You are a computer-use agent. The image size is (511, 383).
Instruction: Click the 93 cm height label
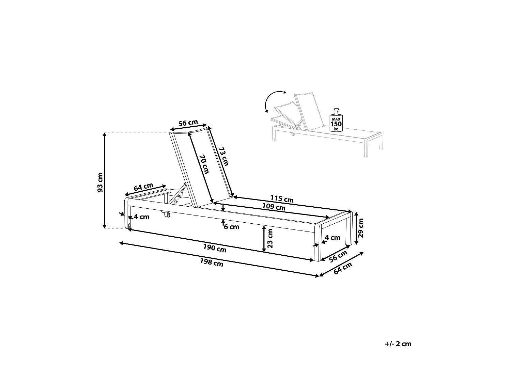pos(100,183)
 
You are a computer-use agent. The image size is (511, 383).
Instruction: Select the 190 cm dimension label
pos(215,249)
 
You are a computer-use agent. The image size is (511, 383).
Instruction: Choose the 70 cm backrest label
pos(205,164)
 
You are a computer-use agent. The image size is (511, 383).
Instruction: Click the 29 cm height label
pos(361,227)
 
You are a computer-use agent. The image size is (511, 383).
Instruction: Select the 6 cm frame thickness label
pos(232,227)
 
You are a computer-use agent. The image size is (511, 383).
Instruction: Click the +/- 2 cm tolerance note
pos(398,344)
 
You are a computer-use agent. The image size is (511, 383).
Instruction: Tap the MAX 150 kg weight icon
pos(336,121)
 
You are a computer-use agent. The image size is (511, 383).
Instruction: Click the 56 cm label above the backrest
pos(188,123)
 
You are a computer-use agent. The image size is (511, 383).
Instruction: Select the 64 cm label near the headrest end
pos(143,188)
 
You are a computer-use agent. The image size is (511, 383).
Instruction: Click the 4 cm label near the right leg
pos(332,238)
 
